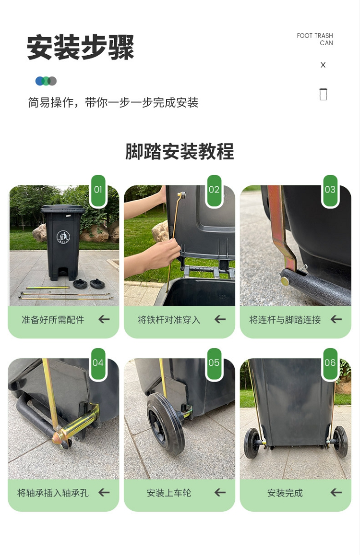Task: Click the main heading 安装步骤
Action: pyautogui.click(x=80, y=48)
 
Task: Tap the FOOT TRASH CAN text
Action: pyautogui.click(x=315, y=39)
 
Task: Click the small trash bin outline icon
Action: pyautogui.click(x=323, y=94)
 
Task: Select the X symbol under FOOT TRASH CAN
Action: pyautogui.click(x=323, y=65)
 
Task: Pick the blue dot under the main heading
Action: pyautogui.click(x=39, y=81)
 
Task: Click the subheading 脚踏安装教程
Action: pyautogui.click(x=180, y=152)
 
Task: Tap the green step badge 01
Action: pyautogui.click(x=98, y=190)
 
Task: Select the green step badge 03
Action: pyautogui.click(x=330, y=190)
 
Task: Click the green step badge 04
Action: pyautogui.click(x=98, y=363)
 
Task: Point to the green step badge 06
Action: pyautogui.click(x=330, y=363)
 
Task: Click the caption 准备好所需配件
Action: pyautogui.click(x=53, y=320)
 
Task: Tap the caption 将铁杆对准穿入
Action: pyautogui.click(x=169, y=320)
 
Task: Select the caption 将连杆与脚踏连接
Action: pyautogui.click(x=285, y=320)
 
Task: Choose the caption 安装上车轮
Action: pyautogui.click(x=169, y=493)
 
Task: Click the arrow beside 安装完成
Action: pyautogui.click(x=336, y=492)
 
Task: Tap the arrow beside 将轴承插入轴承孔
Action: pyautogui.click(x=104, y=492)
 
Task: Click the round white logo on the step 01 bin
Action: pyautogui.click(x=63, y=237)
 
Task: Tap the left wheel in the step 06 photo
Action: pyautogui.click(x=252, y=443)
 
